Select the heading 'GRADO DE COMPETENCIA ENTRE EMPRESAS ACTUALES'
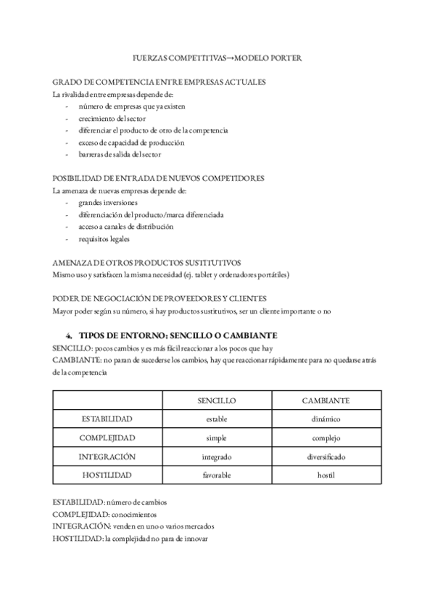(159, 82)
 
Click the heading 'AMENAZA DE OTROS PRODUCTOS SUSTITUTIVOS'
(146, 263)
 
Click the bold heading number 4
(69, 335)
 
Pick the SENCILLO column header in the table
(217, 400)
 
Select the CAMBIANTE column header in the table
(326, 400)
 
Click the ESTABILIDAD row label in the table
(107, 419)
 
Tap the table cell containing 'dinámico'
(326, 419)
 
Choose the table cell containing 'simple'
(217, 438)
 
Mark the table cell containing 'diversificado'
(326, 457)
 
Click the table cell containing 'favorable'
(217, 476)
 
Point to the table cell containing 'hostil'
(326, 476)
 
